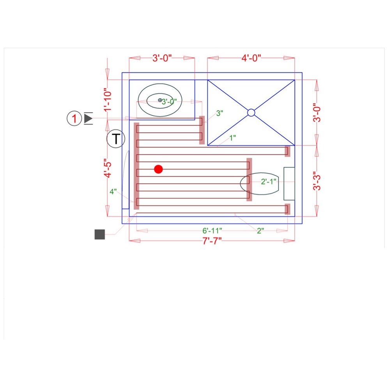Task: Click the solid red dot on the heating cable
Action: tap(158, 169)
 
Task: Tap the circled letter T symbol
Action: tap(116, 138)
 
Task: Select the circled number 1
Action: tap(74, 118)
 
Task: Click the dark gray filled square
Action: tap(100, 234)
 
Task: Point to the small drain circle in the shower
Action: tap(251, 113)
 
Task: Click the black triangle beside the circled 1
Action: tap(88, 118)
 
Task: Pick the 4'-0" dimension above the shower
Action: tap(251, 58)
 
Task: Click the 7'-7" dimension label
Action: tap(212, 241)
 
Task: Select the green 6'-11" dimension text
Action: tap(212, 230)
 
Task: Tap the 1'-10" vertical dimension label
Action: tap(108, 100)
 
